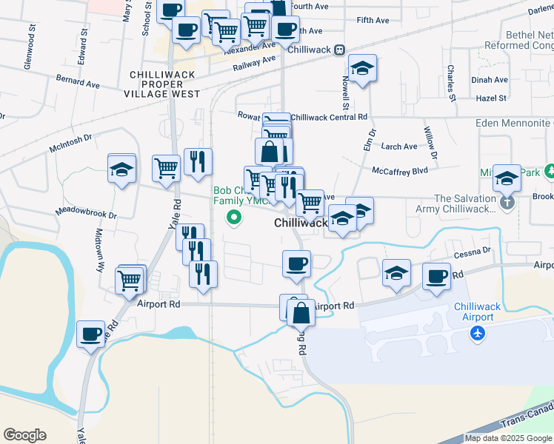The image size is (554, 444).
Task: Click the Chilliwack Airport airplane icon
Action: tap(478, 334)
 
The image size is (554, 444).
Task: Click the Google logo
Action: tap(24, 435)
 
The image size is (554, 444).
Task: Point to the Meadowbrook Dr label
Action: tap(86, 214)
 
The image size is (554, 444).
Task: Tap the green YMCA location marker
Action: tap(235, 218)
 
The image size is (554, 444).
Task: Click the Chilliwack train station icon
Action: tap(339, 50)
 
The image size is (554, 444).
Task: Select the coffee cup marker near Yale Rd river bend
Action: tap(91, 334)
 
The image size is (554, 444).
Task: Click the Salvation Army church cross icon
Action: tap(507, 201)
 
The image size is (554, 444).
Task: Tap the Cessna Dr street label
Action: tap(473, 251)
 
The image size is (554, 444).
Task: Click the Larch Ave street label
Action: tap(399, 147)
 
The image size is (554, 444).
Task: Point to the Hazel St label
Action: tap(490, 98)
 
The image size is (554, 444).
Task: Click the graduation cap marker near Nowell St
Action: tap(362, 69)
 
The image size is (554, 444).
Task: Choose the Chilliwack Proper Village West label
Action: tap(164, 84)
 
